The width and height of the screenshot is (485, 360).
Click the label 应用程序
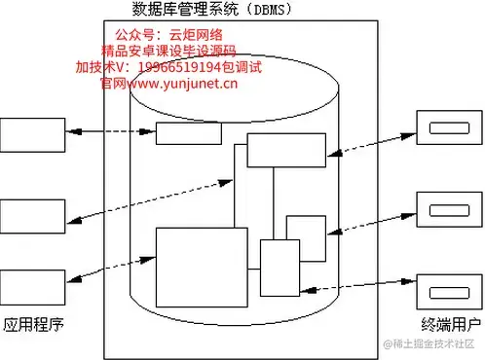pyautogui.click(x=34, y=325)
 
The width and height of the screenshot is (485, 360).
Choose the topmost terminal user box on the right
pyautogui.click(x=448, y=126)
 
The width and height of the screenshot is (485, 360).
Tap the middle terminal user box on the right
pyautogui.click(x=448, y=207)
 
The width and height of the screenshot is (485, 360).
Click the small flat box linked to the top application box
pyautogui.click(x=188, y=133)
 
